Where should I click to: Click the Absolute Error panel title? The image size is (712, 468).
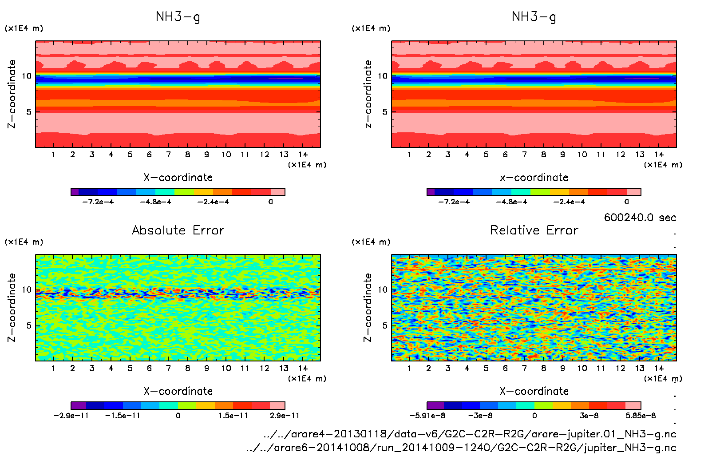click(x=178, y=230)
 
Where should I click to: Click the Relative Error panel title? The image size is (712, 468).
click(x=534, y=230)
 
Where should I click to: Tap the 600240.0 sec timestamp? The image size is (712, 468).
click(x=640, y=218)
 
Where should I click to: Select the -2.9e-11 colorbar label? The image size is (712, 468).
click(x=71, y=416)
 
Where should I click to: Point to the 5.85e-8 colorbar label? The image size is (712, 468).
click(x=641, y=416)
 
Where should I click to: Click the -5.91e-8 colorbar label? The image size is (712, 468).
click(x=427, y=416)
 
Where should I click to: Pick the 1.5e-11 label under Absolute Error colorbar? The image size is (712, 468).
click(x=233, y=416)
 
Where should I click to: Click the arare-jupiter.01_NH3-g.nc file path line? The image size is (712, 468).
click(x=470, y=434)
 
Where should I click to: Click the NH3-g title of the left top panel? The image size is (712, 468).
click(x=178, y=17)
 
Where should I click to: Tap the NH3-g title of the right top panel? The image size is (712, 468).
click(x=534, y=17)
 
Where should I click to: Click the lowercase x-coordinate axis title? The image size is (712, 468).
click(x=534, y=178)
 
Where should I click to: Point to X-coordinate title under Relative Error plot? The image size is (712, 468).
click(x=534, y=391)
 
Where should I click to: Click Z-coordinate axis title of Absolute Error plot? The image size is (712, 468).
click(x=12, y=307)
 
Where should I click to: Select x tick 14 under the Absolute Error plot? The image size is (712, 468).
click(x=303, y=368)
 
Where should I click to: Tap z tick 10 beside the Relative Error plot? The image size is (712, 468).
click(x=383, y=290)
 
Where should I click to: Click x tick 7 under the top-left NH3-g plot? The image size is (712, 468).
click(x=168, y=155)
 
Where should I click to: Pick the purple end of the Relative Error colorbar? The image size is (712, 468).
click(x=435, y=405)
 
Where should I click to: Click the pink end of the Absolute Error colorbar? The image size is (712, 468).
click(x=277, y=405)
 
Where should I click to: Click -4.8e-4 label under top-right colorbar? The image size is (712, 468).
click(x=511, y=202)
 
